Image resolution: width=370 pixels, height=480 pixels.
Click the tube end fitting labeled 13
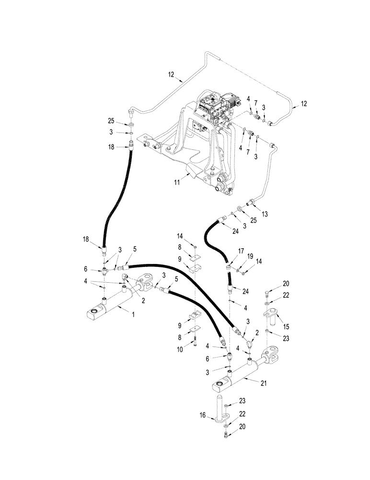pos(251,200)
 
